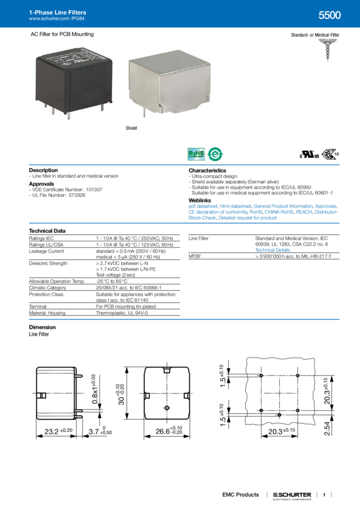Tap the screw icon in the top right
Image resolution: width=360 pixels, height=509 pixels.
(329, 51)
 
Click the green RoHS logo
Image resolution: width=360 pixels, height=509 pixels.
(196, 154)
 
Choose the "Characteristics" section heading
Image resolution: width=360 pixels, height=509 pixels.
(207, 169)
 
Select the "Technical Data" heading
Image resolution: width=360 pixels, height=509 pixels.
(47, 230)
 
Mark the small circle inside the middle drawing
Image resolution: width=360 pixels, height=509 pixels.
(167, 408)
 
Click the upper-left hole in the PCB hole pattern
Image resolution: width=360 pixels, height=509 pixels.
(262, 375)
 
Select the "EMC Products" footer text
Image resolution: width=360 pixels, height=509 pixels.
(240, 495)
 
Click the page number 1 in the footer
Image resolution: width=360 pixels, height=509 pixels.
(323, 495)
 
